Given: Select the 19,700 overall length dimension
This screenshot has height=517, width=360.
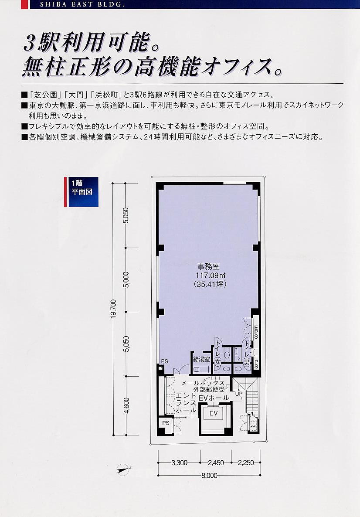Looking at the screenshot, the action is point(113,309).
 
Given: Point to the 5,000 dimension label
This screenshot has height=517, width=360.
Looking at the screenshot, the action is point(126,279).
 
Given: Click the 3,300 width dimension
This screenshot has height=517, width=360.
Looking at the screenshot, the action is point(179,463).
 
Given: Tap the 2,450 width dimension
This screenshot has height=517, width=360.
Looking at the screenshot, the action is point(216,463).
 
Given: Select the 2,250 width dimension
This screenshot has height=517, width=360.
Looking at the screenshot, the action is point(246,463).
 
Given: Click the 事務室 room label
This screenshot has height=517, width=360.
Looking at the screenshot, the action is point(209,266).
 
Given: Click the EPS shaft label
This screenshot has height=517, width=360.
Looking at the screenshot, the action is point(256,332).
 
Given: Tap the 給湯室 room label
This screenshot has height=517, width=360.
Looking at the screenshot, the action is point(202,359).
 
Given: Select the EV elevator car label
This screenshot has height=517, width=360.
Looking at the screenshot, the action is point(214,413).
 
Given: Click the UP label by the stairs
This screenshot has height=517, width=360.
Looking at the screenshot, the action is point(239,394).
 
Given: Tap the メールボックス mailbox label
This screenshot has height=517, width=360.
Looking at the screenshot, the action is point(204,383).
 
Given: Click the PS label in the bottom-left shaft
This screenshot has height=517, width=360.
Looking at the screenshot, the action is point(166,423).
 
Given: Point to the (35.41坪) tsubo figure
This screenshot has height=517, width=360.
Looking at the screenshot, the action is point(210,284).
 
